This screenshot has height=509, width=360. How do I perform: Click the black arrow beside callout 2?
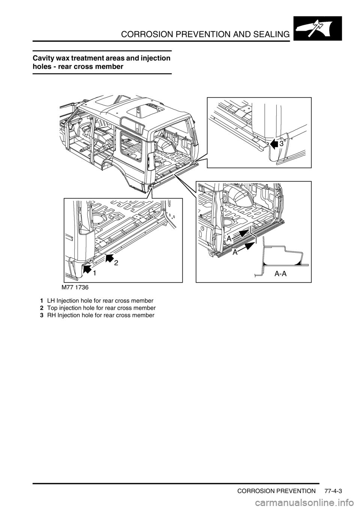(x=109, y=259)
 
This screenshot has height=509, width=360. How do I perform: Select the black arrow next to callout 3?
(x=274, y=144)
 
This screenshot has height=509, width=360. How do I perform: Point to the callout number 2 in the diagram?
(x=116, y=263)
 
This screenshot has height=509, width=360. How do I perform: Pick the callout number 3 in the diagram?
(x=281, y=144)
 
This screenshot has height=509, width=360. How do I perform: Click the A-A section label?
(x=280, y=274)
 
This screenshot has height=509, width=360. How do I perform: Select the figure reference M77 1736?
(x=75, y=287)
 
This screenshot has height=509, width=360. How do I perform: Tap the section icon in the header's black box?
(x=318, y=28)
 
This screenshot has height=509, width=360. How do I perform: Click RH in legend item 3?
(x=51, y=315)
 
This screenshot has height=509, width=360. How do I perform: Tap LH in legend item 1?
(x=51, y=301)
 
